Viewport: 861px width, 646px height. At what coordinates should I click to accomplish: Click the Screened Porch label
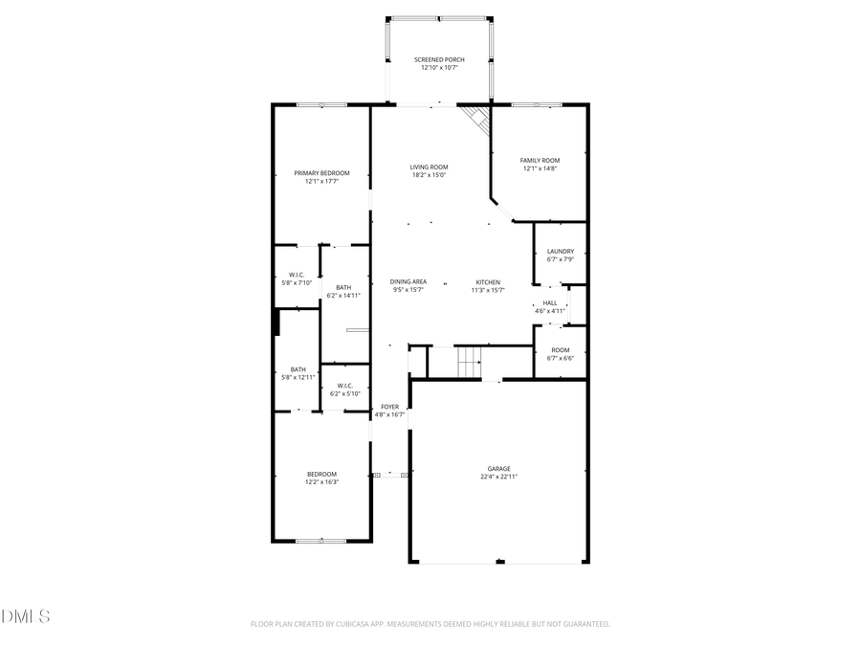click(x=439, y=59)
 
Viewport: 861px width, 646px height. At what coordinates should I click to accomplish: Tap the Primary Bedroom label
click(x=321, y=173)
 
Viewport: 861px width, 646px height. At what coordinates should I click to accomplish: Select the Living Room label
click(x=430, y=167)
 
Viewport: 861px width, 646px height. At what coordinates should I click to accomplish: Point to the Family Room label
click(x=540, y=160)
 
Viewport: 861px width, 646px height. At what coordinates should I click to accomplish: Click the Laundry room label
click(x=561, y=251)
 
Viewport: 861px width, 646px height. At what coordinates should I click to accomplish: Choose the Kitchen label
click(x=489, y=282)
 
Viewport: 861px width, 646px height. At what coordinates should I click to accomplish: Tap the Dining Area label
click(x=408, y=281)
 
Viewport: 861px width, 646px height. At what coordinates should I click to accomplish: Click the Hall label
click(x=549, y=302)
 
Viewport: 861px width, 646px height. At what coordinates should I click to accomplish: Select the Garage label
click(x=498, y=468)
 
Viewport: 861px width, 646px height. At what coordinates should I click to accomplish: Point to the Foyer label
click(x=389, y=407)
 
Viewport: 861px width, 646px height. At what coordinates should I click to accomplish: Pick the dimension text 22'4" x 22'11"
click(x=498, y=476)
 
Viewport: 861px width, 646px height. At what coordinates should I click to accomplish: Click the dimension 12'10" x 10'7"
click(x=439, y=67)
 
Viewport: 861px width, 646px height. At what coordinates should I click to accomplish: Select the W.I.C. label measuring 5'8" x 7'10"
click(x=297, y=275)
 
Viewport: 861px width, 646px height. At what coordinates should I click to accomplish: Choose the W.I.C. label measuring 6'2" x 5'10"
click(x=345, y=386)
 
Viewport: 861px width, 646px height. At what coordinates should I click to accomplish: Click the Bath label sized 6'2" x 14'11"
click(x=343, y=287)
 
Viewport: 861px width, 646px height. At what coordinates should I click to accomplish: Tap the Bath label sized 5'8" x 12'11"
click(x=298, y=369)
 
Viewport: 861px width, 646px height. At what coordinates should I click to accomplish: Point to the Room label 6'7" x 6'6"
click(x=561, y=350)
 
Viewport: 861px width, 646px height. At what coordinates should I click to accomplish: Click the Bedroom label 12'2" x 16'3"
click(x=321, y=474)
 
